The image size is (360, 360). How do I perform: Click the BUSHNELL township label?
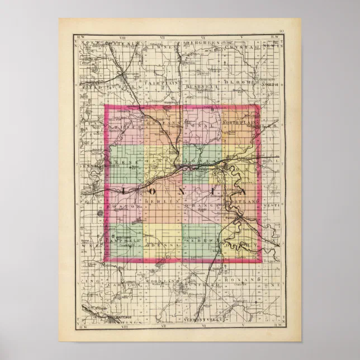203,87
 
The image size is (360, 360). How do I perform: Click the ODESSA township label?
164,245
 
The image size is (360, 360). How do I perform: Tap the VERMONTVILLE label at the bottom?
202,319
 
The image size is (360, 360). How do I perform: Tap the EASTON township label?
157,161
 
